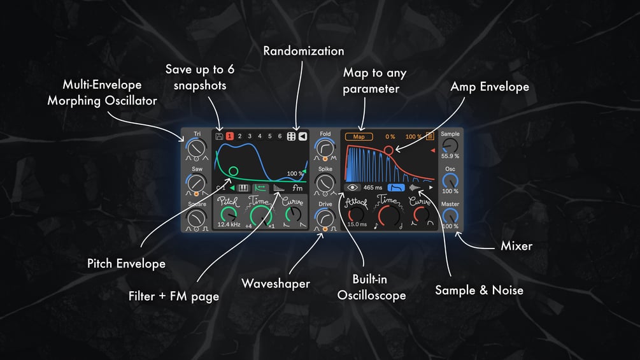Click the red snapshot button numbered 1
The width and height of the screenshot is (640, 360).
tap(229, 136)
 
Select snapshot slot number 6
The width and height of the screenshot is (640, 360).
tap(280, 136)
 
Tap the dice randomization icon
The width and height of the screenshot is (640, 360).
tap(291, 136)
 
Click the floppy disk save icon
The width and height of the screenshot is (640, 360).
tap(219, 136)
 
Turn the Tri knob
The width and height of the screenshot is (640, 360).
tap(197, 147)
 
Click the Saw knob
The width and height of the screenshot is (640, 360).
tap(197, 182)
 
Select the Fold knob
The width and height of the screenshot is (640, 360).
tap(325, 147)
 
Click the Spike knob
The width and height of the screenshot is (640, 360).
tap(325, 182)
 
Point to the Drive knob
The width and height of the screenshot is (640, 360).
tap(325, 217)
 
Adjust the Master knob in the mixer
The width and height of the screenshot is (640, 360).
tap(450, 216)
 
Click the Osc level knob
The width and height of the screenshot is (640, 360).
tap(450, 181)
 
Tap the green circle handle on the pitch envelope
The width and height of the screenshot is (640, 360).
tap(234, 171)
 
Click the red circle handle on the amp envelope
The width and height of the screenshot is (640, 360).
tap(388, 150)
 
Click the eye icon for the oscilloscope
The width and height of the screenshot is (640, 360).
tap(352, 187)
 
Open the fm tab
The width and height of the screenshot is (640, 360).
tap(297, 188)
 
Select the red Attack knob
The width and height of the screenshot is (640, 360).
tap(357, 214)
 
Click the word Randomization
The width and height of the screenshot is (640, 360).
tap(304, 51)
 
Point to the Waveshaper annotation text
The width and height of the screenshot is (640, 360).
tap(276, 284)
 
